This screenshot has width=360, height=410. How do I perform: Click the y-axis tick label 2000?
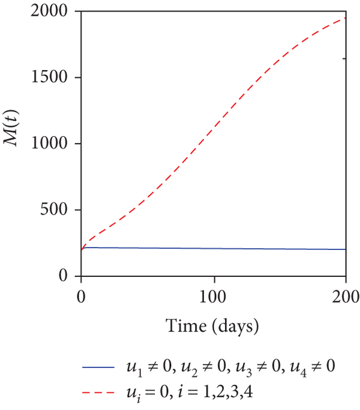56,12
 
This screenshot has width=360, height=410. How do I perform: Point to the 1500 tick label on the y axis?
56,78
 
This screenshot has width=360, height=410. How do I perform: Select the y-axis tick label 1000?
56,144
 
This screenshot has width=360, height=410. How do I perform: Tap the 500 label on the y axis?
61,210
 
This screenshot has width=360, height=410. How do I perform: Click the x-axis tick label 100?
214,296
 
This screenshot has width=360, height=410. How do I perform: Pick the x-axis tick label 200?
346,296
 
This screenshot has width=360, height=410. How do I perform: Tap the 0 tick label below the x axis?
81,296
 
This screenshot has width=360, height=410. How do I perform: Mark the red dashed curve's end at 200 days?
346,17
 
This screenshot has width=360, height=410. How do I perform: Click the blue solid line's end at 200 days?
346,249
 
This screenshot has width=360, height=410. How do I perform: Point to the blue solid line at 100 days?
214,248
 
